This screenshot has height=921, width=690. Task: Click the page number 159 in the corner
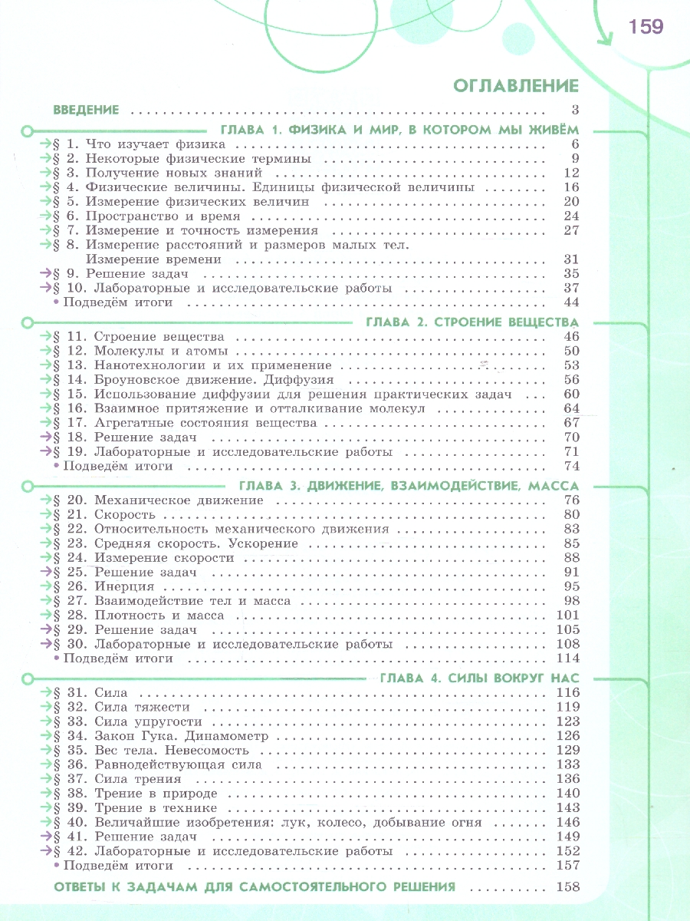click(646, 28)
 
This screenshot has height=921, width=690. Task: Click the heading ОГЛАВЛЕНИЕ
click(516, 85)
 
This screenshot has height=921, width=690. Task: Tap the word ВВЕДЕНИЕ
click(86, 110)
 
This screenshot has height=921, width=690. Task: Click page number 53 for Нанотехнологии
click(570, 365)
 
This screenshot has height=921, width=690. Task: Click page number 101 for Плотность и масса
click(566, 616)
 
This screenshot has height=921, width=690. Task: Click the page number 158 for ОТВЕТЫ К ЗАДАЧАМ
click(566, 887)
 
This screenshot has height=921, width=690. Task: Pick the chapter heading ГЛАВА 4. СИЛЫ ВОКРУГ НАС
click(478, 678)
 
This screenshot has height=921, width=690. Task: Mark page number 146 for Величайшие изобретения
click(566, 822)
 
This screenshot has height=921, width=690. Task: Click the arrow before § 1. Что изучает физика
click(45, 144)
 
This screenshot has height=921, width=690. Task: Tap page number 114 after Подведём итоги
click(566, 659)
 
